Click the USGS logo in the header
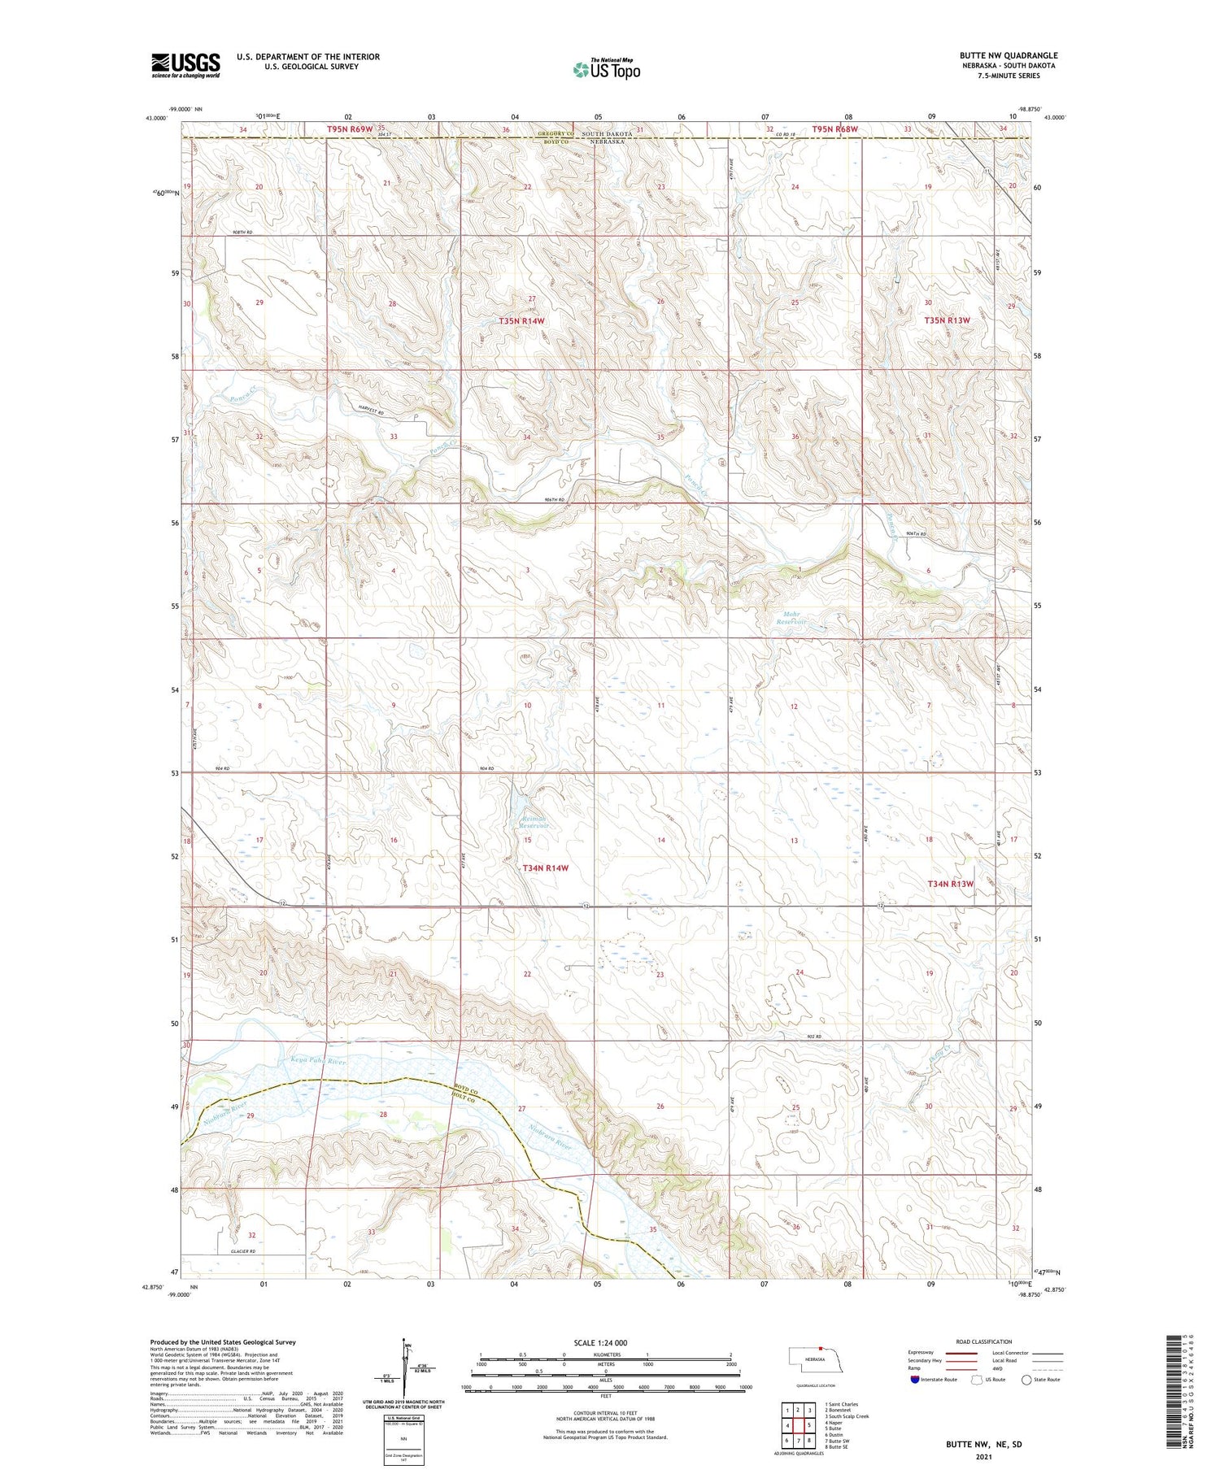pos(185,65)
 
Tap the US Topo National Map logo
pos(607,69)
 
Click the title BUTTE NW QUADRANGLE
pos(1008,55)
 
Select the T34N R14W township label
pos(545,868)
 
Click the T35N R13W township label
pos(947,320)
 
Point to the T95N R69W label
pos(350,128)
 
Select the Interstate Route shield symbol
pos(915,1380)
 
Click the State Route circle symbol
pos(1026,1380)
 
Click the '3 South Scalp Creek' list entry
pos(847,1416)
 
